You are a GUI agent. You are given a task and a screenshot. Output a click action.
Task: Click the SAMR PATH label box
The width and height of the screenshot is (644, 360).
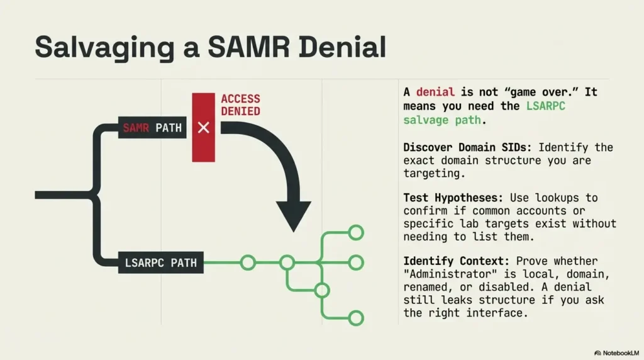pos(152,128)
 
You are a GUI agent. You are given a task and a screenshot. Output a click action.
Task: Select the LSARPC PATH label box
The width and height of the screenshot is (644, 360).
pos(160,262)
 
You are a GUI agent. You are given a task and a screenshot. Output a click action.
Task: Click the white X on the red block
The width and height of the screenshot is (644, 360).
pos(203,128)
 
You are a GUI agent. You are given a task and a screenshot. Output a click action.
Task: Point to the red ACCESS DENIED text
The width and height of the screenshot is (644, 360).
pos(240,105)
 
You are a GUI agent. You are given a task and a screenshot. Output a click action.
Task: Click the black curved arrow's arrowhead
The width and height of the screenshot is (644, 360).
pos(294,217)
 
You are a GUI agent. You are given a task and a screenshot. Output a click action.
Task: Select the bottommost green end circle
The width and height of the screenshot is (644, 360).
pos(356,318)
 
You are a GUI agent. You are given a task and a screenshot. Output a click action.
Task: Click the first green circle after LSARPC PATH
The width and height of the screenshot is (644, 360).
pos(248,262)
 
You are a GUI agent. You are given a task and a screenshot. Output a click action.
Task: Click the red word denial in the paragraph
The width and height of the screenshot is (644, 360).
pos(435,93)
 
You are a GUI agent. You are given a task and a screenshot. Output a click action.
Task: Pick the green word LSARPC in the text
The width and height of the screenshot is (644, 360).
pos(546,106)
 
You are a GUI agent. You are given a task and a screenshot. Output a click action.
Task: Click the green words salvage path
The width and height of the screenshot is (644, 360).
pos(443,120)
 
